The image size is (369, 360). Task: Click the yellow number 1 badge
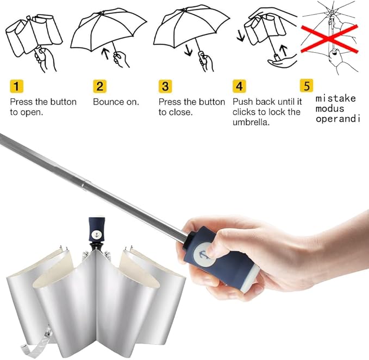pos(17,86)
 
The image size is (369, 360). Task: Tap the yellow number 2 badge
pos(99,86)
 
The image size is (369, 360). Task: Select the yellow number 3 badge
pos(165,86)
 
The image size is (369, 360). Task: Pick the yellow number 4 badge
pos(239,86)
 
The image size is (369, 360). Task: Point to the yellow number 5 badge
pos(307,86)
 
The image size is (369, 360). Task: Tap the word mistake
pos(336,98)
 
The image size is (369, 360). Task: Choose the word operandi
pos(338,118)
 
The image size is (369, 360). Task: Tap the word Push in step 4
pos(242,102)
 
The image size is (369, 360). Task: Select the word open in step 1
pos(31,112)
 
